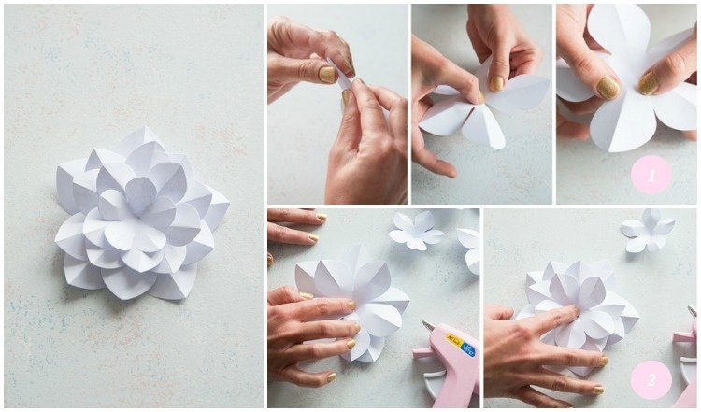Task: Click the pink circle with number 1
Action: pos(651,174)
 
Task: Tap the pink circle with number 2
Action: pos(651,379)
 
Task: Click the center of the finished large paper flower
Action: pos(140,197)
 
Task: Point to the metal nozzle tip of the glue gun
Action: pos(428,327)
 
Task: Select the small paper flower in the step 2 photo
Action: pos(647,229)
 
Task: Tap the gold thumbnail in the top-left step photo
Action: pos(327,74)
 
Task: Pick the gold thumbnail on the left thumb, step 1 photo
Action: pos(608,88)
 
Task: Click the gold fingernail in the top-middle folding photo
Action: pos(497,83)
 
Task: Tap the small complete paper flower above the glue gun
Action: pos(417,230)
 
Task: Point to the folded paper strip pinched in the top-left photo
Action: pos(346,78)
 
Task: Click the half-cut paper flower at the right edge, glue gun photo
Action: pos(470,248)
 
